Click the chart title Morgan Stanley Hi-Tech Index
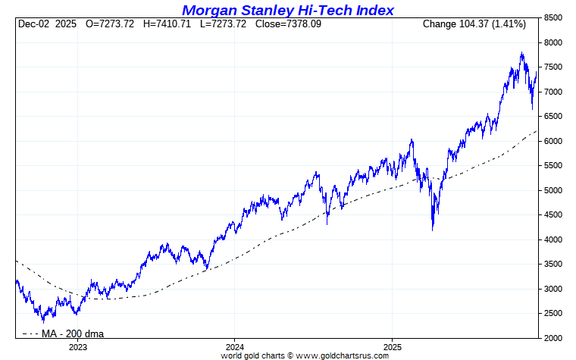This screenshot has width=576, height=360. [288, 10]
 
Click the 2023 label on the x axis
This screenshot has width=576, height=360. [78, 346]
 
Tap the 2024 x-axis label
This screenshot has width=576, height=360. [234, 346]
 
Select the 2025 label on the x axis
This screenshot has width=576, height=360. [391, 346]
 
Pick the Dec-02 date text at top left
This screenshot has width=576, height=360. [34, 24]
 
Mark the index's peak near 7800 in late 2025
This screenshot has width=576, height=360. [521, 52]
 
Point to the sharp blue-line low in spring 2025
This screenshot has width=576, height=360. [433, 230]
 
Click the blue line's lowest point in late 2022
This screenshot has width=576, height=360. [43, 322]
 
